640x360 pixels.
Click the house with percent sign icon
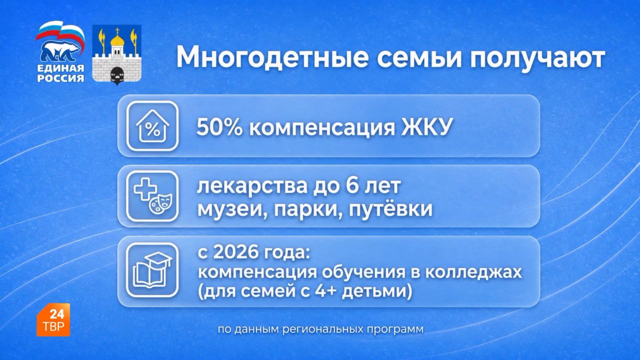click(x=152, y=126)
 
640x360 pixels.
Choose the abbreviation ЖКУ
click(x=426, y=127)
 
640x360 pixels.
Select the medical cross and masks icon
click(x=152, y=196)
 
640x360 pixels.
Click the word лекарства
click(x=252, y=186)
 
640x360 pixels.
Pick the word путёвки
click(x=390, y=209)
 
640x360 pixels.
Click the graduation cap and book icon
click(x=152, y=269)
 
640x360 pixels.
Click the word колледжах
click(x=473, y=273)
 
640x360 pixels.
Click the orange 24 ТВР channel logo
click(x=53, y=319)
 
